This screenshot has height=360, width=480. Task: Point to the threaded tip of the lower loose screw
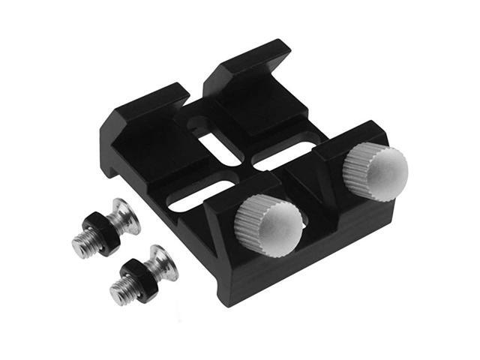pos(120,289)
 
